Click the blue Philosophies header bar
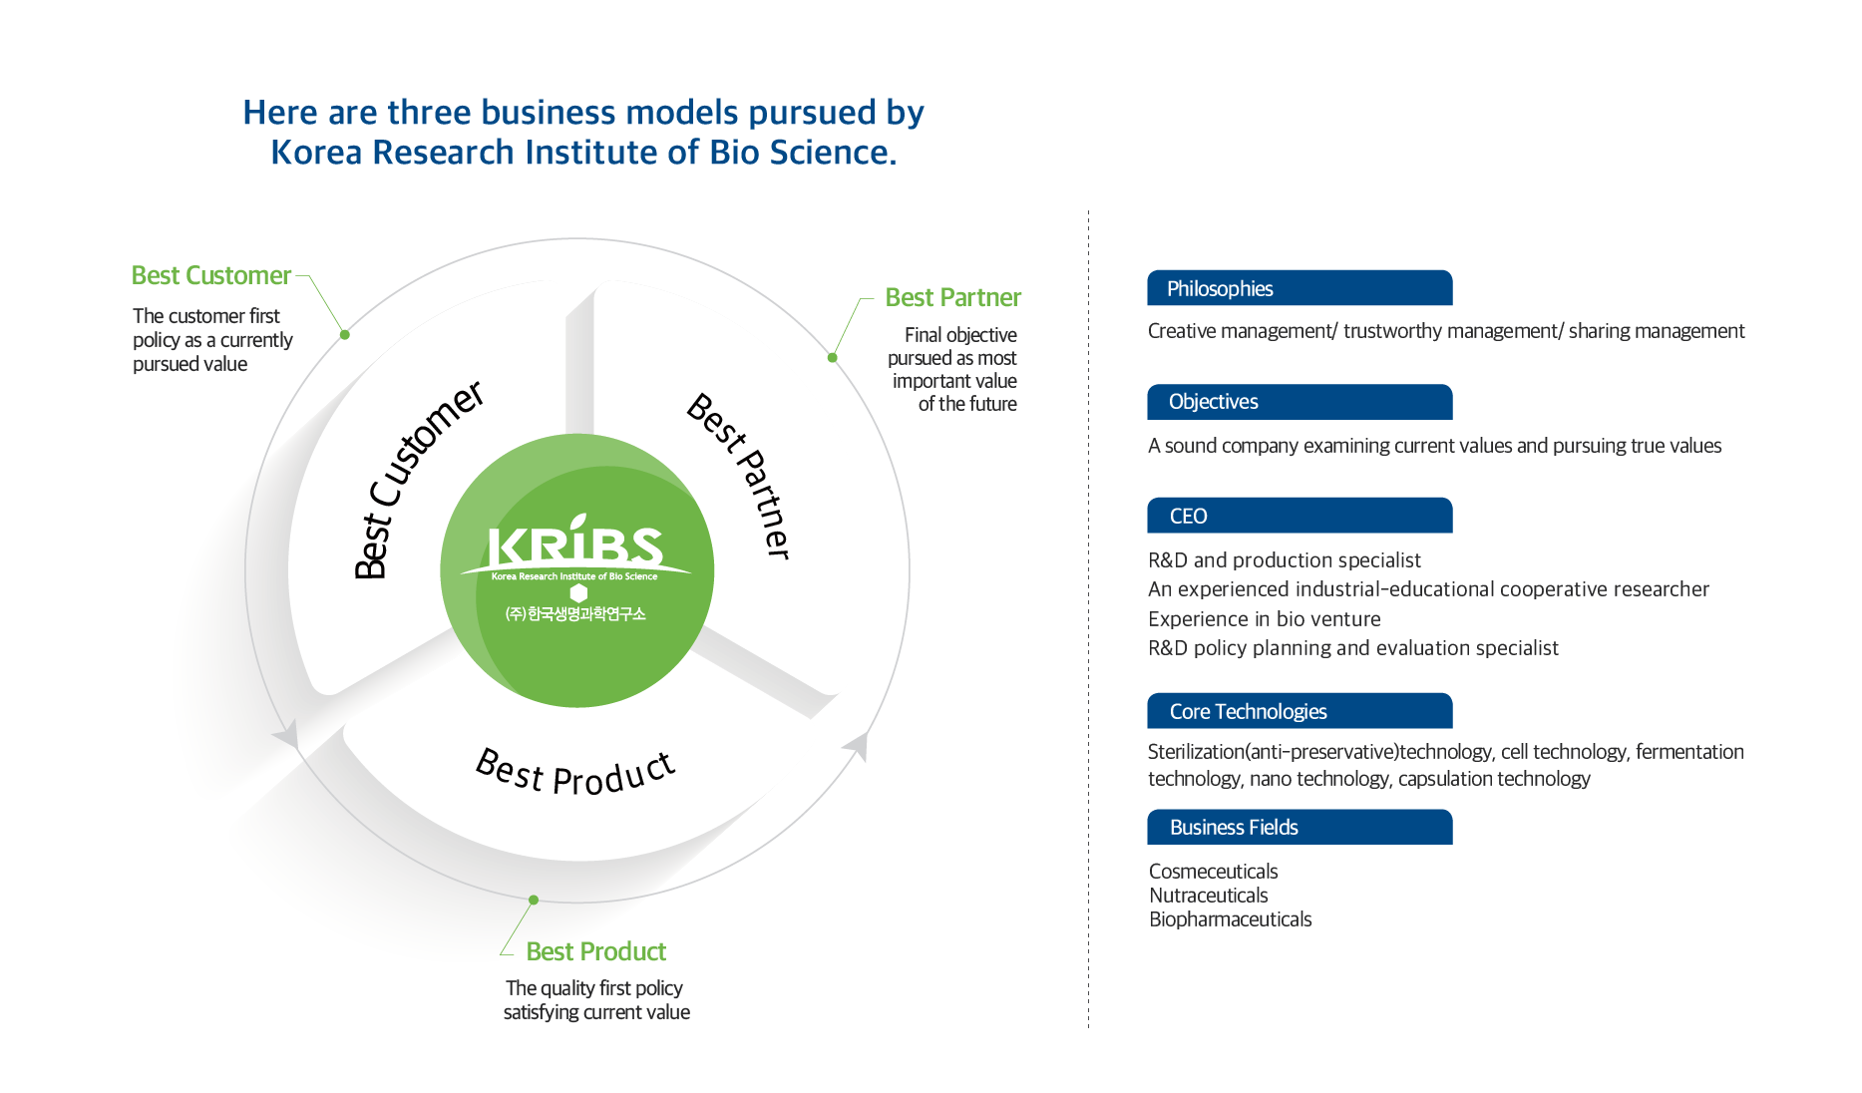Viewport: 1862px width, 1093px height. (x=1300, y=288)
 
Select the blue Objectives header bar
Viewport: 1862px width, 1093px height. (x=1300, y=402)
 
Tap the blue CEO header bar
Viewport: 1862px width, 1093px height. (x=1300, y=516)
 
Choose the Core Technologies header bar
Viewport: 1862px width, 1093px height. (x=1300, y=711)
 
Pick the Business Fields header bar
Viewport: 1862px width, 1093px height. (x=1300, y=827)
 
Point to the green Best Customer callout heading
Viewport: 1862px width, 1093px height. (x=211, y=275)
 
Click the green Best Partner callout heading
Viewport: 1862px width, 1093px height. (x=953, y=297)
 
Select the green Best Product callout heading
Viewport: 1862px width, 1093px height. (x=596, y=951)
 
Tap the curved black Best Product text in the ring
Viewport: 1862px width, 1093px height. (x=575, y=773)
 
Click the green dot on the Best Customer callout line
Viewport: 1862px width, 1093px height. (x=345, y=334)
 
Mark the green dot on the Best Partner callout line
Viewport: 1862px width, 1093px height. (x=833, y=357)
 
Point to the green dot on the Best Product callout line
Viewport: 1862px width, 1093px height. (x=534, y=900)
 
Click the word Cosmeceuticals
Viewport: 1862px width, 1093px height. (x=1213, y=872)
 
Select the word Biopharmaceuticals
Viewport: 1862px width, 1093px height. (x=1230, y=919)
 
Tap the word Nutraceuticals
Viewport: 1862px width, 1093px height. (x=1208, y=896)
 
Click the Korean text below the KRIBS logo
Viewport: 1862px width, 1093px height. (x=575, y=614)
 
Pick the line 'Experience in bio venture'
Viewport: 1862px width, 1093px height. (x=1265, y=619)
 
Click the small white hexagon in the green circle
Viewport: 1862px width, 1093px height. (x=578, y=592)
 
